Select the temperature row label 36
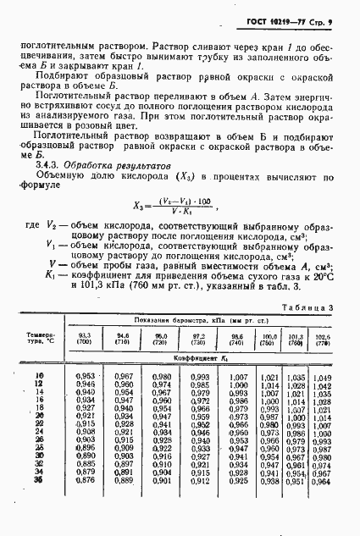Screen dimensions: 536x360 click(38, 481)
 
